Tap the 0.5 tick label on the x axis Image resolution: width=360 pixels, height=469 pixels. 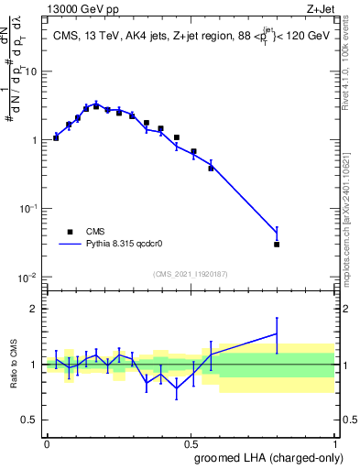click(x=191, y=442)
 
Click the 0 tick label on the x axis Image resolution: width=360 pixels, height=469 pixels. click(x=47, y=442)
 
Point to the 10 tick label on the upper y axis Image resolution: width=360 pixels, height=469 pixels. click(x=32, y=71)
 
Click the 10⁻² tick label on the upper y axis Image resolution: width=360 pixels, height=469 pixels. click(x=29, y=277)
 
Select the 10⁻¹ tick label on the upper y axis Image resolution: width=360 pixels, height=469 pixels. click(x=29, y=208)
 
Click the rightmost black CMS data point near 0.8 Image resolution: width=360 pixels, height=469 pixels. click(x=277, y=245)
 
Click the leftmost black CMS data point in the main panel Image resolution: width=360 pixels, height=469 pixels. click(x=56, y=137)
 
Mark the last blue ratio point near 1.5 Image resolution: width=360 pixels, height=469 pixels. click(x=277, y=334)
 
